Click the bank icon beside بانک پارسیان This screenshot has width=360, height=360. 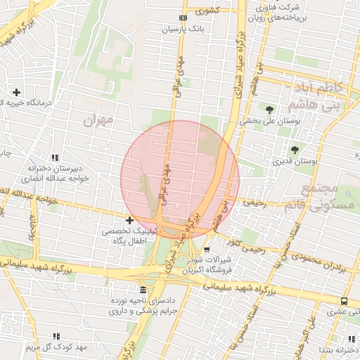184,18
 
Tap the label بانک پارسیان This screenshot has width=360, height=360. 183,30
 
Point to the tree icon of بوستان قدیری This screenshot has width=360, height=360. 294,150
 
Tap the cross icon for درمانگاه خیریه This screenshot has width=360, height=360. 16,92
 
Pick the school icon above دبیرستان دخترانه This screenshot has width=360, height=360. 55,157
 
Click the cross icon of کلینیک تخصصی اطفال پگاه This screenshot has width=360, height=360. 129,220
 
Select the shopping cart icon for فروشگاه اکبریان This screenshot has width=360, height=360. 207,249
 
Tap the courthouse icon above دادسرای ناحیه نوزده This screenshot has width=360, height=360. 143,290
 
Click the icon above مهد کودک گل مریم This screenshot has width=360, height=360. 56,337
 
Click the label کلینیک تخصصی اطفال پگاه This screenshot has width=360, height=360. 126,236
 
